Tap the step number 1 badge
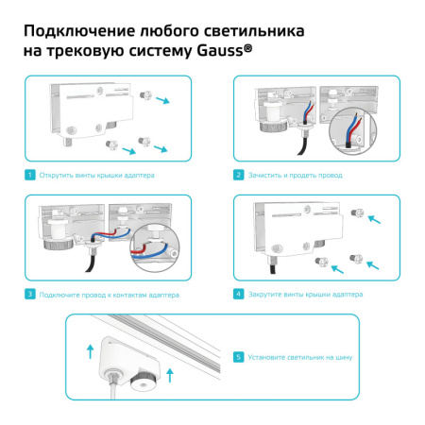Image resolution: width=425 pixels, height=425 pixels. [30, 175]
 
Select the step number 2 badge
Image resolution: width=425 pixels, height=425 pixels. [240, 175]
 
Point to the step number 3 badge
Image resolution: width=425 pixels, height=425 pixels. [30, 295]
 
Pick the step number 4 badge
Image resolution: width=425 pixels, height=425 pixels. [240, 295]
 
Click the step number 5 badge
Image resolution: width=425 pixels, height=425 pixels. [240, 357]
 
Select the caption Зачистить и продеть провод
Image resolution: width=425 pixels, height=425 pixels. [296, 175]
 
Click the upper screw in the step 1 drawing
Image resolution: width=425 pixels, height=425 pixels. [144, 95]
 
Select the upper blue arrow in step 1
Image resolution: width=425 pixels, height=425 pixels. [165, 100]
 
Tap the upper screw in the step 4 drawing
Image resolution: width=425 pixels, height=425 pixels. [357, 215]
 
